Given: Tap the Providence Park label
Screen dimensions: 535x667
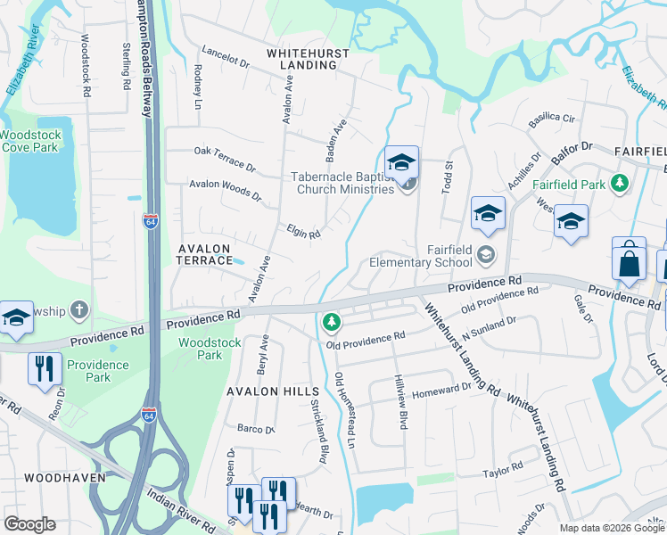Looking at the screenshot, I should [97, 371].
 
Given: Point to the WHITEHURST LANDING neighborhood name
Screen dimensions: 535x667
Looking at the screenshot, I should [309, 60].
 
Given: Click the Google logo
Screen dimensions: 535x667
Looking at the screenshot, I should [29, 524].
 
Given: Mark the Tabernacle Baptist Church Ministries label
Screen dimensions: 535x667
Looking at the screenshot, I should [342, 183].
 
